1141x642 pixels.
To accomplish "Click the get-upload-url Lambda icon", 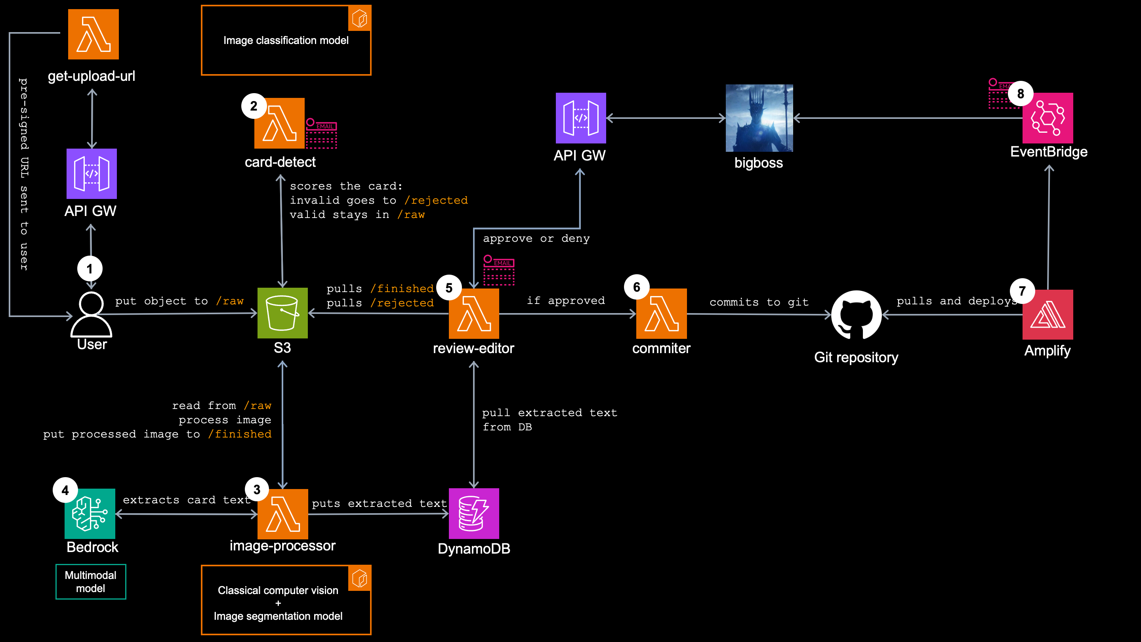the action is (x=93, y=34).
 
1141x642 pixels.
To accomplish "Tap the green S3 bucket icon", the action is (x=282, y=313).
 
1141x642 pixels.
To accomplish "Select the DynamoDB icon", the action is (x=473, y=514).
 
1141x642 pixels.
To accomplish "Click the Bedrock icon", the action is (x=90, y=514).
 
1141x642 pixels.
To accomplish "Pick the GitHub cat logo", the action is (x=856, y=315).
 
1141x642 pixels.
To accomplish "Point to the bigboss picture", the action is (x=759, y=118).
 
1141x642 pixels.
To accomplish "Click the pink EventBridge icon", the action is (x=1048, y=118).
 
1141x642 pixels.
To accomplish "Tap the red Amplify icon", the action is (x=1048, y=315).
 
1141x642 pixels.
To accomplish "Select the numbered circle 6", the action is (x=637, y=287).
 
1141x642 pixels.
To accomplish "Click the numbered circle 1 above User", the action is (x=90, y=269).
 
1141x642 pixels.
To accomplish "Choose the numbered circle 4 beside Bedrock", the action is (x=65, y=490).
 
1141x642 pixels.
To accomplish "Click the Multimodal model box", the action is (x=91, y=582).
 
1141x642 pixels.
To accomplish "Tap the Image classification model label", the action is (x=286, y=40).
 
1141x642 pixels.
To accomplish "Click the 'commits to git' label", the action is (x=759, y=302).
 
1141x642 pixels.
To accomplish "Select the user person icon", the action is (x=91, y=315).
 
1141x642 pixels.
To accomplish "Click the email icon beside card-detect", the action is (x=321, y=134).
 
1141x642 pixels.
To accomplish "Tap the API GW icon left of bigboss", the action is (x=581, y=118).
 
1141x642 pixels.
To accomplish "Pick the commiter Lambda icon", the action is (x=661, y=314).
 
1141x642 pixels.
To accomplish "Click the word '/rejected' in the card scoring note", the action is (x=436, y=200).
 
